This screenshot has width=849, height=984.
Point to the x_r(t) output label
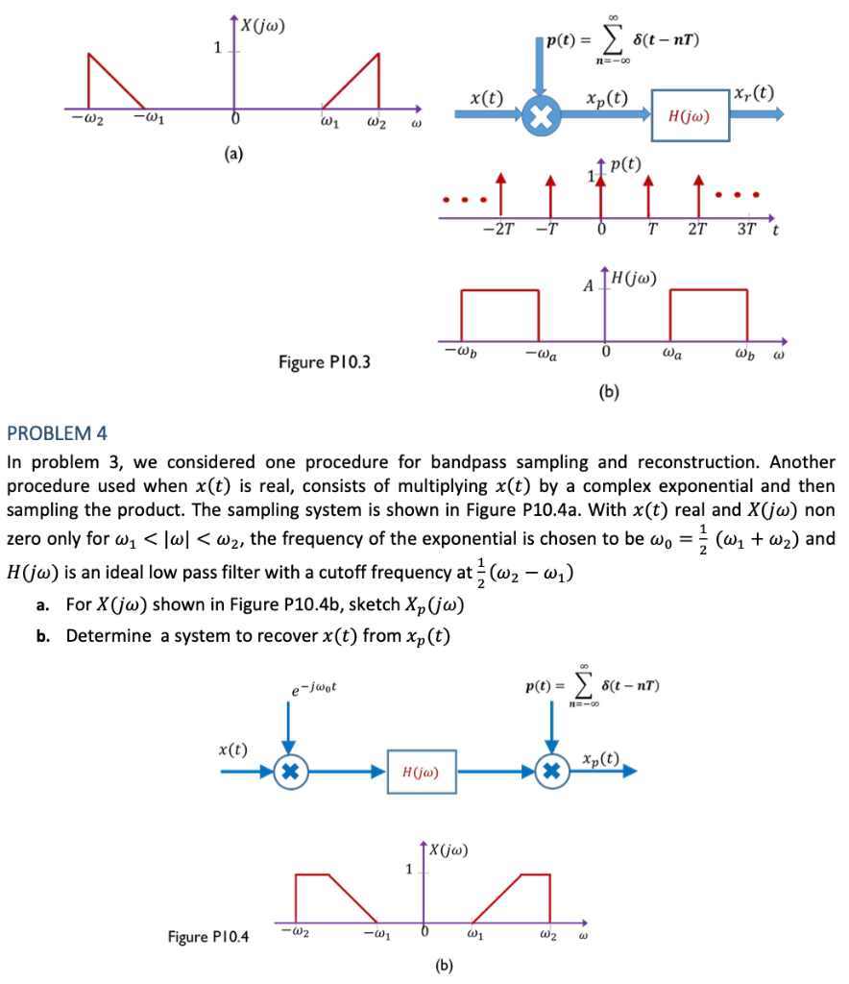754,94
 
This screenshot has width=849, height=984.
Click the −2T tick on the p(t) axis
498,230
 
